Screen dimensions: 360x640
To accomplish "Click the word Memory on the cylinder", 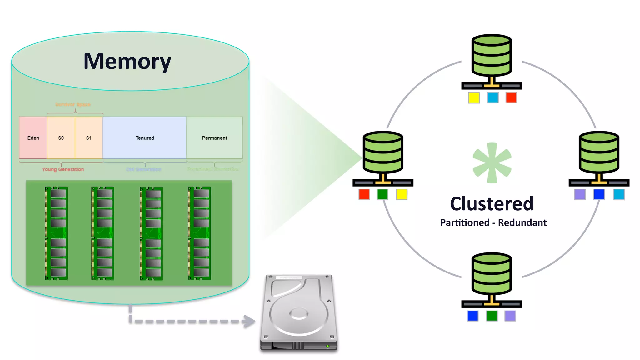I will point(127,61).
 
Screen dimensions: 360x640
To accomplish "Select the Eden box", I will point(33,138).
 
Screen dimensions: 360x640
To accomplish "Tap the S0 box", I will point(61,138).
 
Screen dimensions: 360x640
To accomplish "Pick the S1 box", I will point(89,138).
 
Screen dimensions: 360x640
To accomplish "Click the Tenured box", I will point(145,138).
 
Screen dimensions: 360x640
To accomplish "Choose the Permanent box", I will point(214,138).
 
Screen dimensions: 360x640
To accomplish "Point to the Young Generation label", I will point(63,169).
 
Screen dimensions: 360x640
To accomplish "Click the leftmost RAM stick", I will point(57,233).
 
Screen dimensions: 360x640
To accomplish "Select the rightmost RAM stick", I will point(199,233).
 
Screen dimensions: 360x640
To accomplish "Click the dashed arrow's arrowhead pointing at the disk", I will point(249,322).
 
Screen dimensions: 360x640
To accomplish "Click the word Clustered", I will point(492,204).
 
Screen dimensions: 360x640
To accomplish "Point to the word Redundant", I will point(522,222).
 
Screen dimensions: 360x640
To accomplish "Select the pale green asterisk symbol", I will point(492,163).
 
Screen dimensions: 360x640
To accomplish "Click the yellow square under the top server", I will point(474,98).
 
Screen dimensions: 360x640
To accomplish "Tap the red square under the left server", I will point(364,194).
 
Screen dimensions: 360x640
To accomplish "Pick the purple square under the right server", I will point(580,194).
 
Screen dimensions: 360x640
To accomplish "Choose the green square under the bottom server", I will point(492,316).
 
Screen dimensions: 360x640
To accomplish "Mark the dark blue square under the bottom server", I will point(473,316).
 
